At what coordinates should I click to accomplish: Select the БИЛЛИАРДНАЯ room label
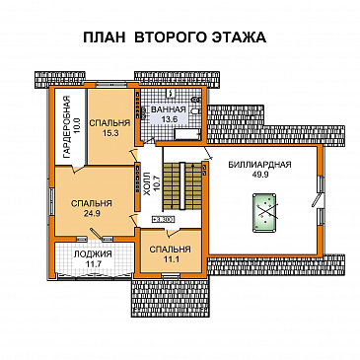(x=257, y=164)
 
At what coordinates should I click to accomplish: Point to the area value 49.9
(x=257, y=175)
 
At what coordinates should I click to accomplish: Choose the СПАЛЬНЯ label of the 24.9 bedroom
(x=91, y=202)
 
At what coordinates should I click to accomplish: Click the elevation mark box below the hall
(x=163, y=220)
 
